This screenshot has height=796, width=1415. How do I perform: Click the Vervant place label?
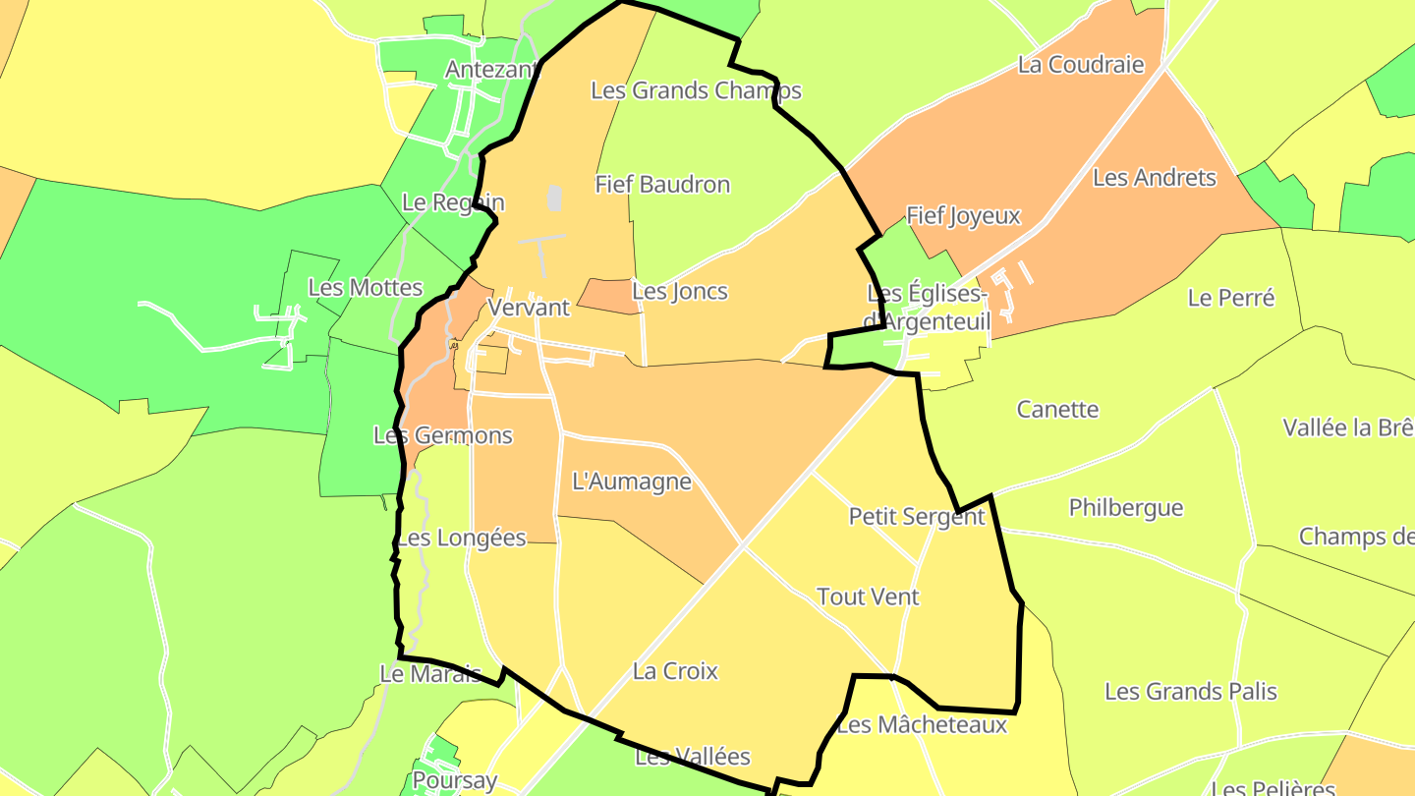(529, 308)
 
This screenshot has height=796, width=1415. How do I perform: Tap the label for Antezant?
(492, 70)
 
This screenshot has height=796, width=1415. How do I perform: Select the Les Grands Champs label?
(696, 91)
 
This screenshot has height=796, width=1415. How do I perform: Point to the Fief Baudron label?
(662, 185)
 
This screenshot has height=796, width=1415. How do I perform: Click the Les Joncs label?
(680, 292)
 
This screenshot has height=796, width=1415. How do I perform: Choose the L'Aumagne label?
(632, 483)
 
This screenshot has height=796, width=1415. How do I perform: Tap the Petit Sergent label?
(916, 517)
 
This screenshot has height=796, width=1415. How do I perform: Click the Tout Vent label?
(868, 597)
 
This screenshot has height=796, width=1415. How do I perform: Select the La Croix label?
(675, 672)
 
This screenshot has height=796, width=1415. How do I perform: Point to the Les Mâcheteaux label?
(922, 726)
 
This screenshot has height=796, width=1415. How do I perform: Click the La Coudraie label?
(1081, 66)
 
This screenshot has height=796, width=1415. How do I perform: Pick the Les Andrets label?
(1155, 179)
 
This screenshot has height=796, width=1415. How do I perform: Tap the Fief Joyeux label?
(963, 216)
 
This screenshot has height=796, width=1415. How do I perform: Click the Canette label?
(1057, 410)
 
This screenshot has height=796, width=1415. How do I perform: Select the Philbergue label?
(1126, 509)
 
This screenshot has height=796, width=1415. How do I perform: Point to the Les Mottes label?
(365, 289)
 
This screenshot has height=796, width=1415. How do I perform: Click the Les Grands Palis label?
(1190, 692)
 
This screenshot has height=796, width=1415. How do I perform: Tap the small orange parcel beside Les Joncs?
(609, 296)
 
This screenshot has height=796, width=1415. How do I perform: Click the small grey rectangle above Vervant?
(554, 199)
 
